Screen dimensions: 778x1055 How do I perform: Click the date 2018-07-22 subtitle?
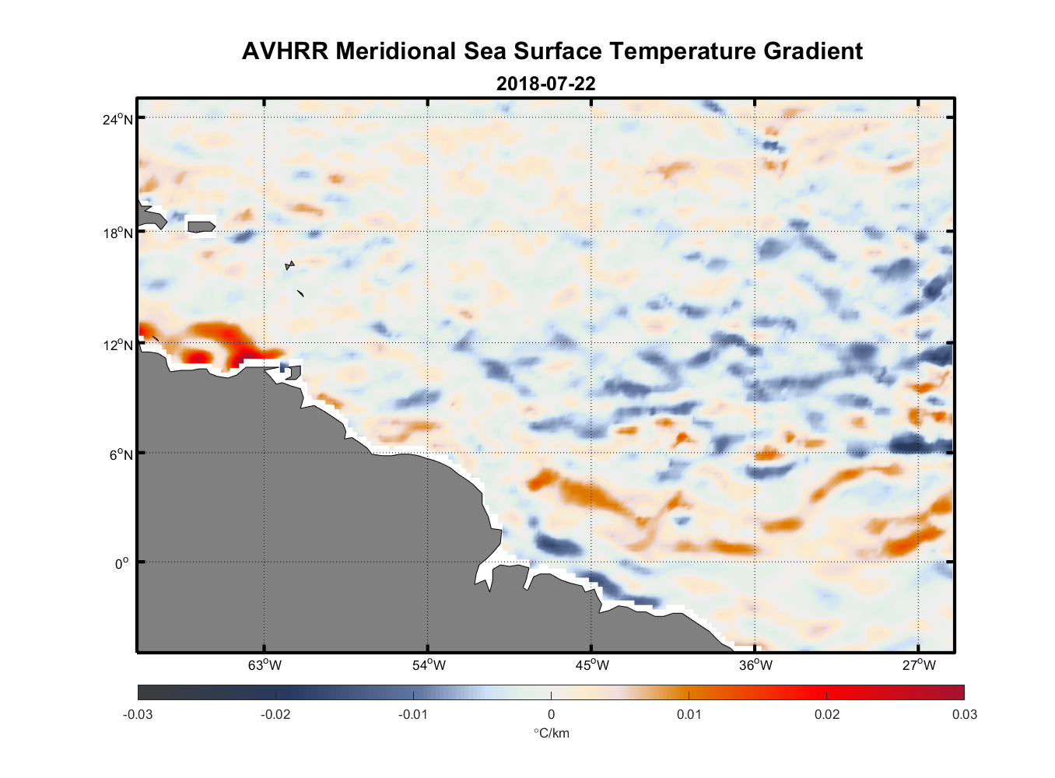click(x=545, y=83)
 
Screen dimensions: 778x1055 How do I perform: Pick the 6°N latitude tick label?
click(x=121, y=454)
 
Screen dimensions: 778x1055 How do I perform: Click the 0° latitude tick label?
click(x=121, y=563)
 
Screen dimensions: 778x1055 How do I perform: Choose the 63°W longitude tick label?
click(x=265, y=665)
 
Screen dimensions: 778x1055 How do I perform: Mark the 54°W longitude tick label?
click(x=429, y=665)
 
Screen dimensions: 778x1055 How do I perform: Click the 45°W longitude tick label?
click(x=592, y=665)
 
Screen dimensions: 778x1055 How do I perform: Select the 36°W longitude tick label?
click(x=755, y=665)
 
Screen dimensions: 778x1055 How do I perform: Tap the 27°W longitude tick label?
click(x=919, y=665)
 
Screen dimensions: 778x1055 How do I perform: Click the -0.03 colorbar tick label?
click(x=138, y=714)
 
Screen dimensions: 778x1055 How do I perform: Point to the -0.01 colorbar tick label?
click(x=412, y=714)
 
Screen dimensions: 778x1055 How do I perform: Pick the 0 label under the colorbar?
click(x=551, y=714)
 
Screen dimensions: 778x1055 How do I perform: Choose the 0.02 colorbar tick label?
click(x=827, y=714)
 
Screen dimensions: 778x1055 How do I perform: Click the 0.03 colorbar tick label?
click(x=964, y=714)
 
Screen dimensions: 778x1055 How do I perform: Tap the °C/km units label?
click(x=551, y=733)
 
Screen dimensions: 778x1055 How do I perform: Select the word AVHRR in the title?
click(x=286, y=51)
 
